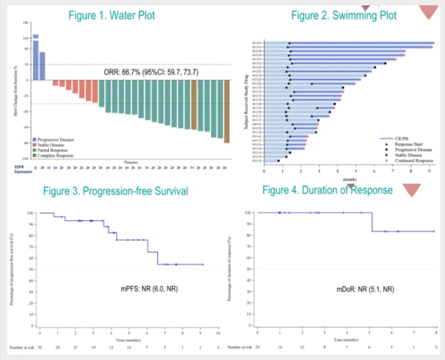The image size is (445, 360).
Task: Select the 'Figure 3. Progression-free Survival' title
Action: click(x=116, y=192)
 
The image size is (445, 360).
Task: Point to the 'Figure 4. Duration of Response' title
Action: click(x=327, y=190)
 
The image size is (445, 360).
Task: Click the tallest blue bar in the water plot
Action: click(x=36, y=57)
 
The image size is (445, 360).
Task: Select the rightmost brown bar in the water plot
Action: click(x=226, y=112)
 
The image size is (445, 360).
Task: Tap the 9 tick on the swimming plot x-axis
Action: click(x=429, y=170)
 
